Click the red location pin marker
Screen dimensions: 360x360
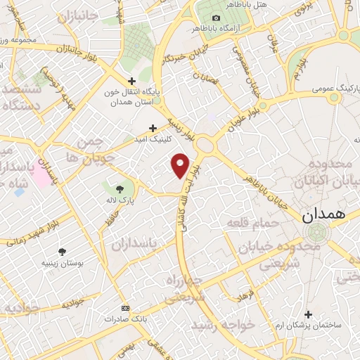point(181,165)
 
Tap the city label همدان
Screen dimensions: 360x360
point(326,217)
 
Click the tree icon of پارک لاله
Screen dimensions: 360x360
point(119,188)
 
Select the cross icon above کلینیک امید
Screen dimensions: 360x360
point(153,128)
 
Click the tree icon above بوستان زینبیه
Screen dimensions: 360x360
point(63,252)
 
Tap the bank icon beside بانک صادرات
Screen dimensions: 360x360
point(126,308)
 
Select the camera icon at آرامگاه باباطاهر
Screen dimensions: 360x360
point(216,18)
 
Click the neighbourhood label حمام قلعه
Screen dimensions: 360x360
point(254,224)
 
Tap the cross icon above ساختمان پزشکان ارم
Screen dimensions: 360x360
point(307,314)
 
